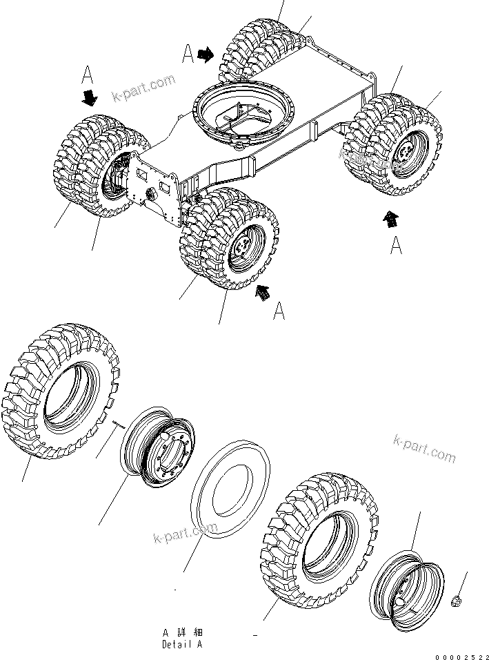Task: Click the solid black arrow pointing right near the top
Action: coord(206,55)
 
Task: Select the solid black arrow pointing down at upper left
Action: coord(89,98)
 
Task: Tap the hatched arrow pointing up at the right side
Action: coord(391,220)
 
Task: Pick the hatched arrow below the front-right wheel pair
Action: coord(262,292)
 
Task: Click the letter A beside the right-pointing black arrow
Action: coord(188,54)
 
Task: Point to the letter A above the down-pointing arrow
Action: coord(88,74)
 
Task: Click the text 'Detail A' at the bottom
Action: coord(182,644)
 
